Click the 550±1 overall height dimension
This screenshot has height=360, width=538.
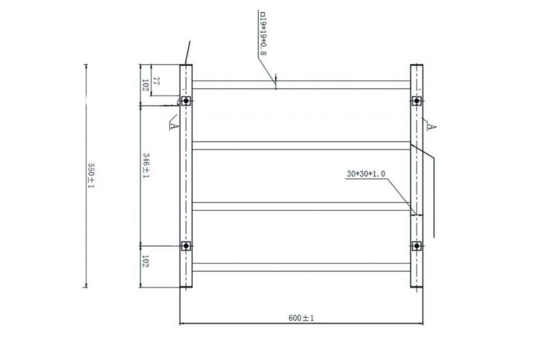tap(90, 176)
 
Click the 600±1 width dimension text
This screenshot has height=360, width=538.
tap(301, 318)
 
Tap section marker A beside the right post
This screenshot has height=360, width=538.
tap(431, 126)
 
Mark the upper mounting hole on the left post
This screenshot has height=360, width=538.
tap(186, 100)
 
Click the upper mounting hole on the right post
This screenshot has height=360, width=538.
tap(417, 100)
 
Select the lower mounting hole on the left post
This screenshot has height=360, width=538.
tap(186, 245)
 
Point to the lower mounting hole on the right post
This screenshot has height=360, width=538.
tap(417, 245)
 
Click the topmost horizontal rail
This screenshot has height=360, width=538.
tap(301, 85)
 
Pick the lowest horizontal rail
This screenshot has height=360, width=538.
tap(301, 267)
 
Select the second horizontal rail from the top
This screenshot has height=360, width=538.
tap(301, 146)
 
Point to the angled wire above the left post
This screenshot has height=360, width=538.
tap(188, 52)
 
